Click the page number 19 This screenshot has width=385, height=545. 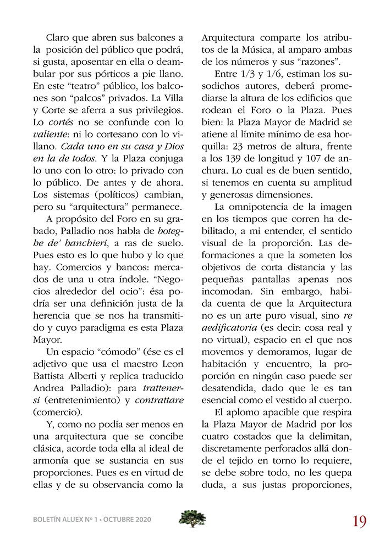point(360,520)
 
